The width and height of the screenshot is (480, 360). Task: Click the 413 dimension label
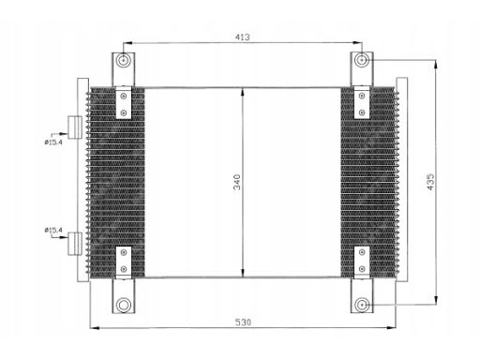[243, 37]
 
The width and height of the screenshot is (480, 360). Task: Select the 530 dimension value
[243, 322]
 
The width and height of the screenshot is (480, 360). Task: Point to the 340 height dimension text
[237, 182]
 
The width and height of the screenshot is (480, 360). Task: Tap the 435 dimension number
[430, 182]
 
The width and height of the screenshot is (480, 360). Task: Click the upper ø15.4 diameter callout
[53, 142]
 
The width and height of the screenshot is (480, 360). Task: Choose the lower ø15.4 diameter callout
[53, 231]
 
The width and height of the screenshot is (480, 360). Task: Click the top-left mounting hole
[124, 60]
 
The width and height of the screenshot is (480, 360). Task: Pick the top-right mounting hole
[362, 60]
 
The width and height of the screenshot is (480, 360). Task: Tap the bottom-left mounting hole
[124, 305]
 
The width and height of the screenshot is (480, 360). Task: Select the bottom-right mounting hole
[362, 305]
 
